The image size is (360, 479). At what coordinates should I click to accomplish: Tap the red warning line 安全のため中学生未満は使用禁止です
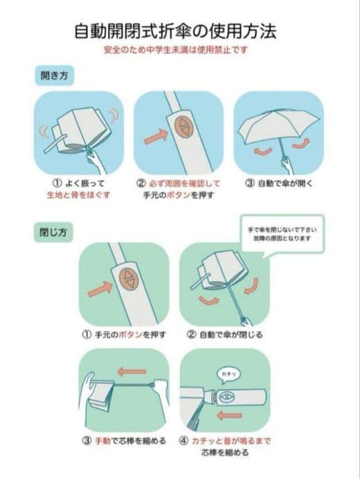[x=179, y=51]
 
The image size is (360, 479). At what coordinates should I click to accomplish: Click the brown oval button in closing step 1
[x=129, y=279]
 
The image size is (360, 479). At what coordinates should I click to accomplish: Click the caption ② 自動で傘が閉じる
[x=225, y=335]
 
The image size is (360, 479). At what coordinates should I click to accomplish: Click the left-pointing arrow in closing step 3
[x=131, y=372]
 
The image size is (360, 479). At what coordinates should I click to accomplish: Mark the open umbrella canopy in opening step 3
[x=277, y=125]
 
